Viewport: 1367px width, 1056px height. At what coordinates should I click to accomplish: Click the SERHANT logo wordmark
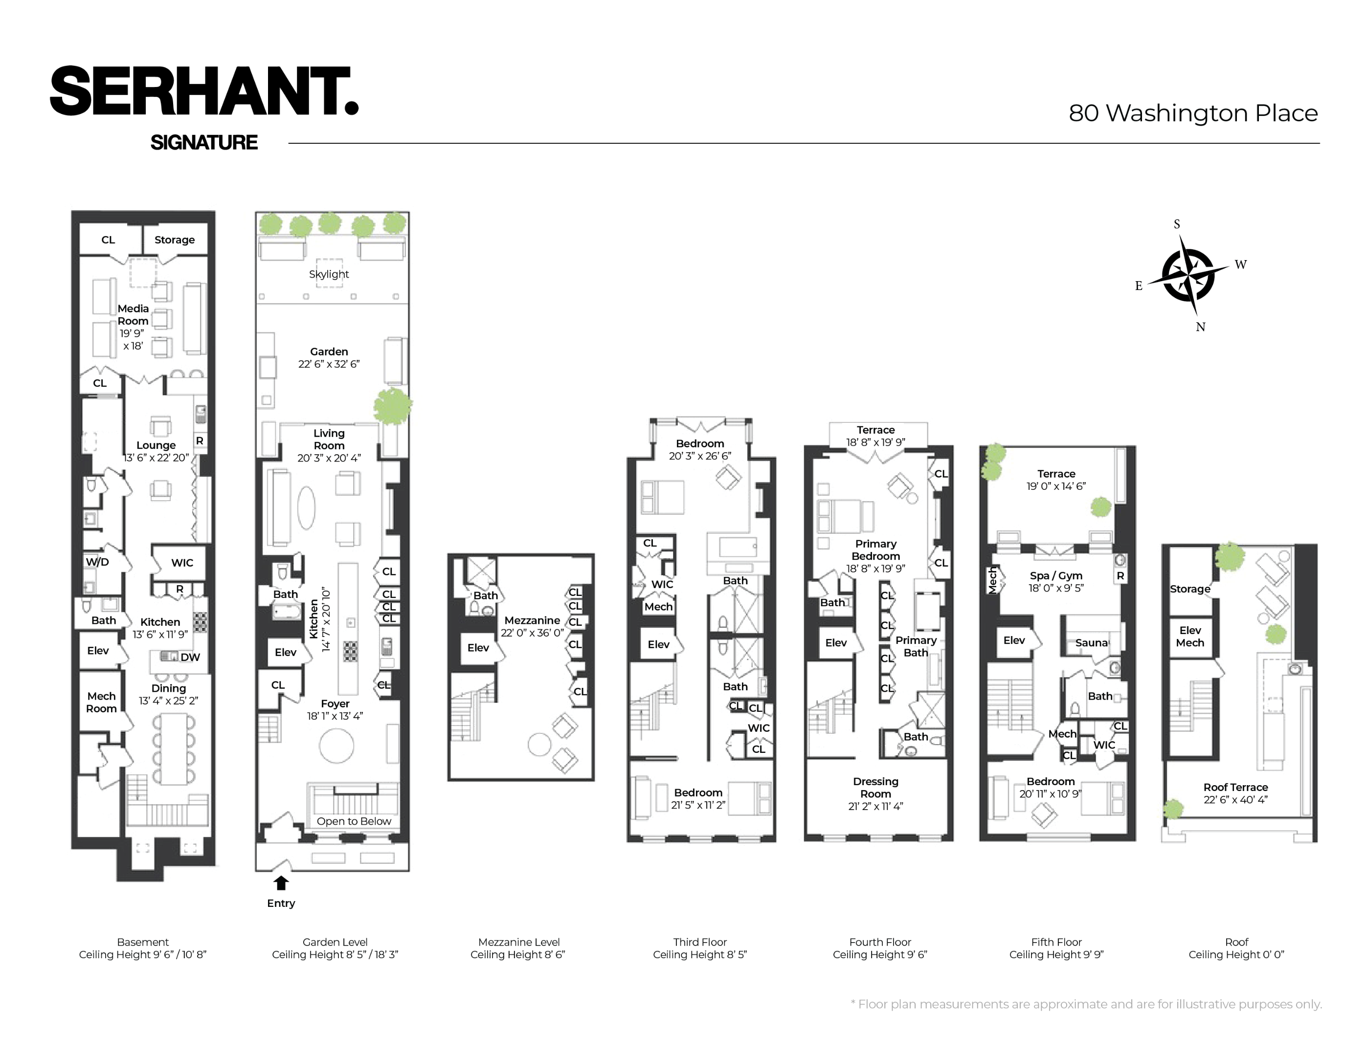pos(204,91)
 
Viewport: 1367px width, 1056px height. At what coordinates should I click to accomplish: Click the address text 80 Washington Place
pos(1193,113)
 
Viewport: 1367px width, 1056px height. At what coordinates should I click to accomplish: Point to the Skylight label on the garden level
pos(329,274)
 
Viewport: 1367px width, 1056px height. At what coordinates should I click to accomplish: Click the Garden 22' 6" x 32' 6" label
pos(329,358)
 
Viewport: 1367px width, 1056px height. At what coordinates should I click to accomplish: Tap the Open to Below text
pos(354,821)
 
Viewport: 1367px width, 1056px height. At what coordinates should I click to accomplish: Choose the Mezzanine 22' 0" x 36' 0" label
pos(532,626)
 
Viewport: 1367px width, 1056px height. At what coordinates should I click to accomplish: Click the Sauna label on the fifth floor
pos(1092,642)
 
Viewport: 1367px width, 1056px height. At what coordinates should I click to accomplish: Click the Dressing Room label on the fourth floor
pos(875,788)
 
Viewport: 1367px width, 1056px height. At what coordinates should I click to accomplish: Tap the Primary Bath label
pos(916,646)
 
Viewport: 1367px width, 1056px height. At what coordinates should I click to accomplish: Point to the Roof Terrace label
pos(1235,787)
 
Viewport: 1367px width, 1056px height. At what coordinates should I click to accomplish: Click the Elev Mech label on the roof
pos(1190,636)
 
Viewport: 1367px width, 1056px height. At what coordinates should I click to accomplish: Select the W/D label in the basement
pos(97,562)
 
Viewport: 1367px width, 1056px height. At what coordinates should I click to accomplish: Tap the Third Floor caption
pos(700,942)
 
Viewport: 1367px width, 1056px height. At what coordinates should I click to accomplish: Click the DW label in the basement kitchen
pos(190,657)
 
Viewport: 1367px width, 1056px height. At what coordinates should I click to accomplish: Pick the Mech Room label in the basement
pos(101,702)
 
